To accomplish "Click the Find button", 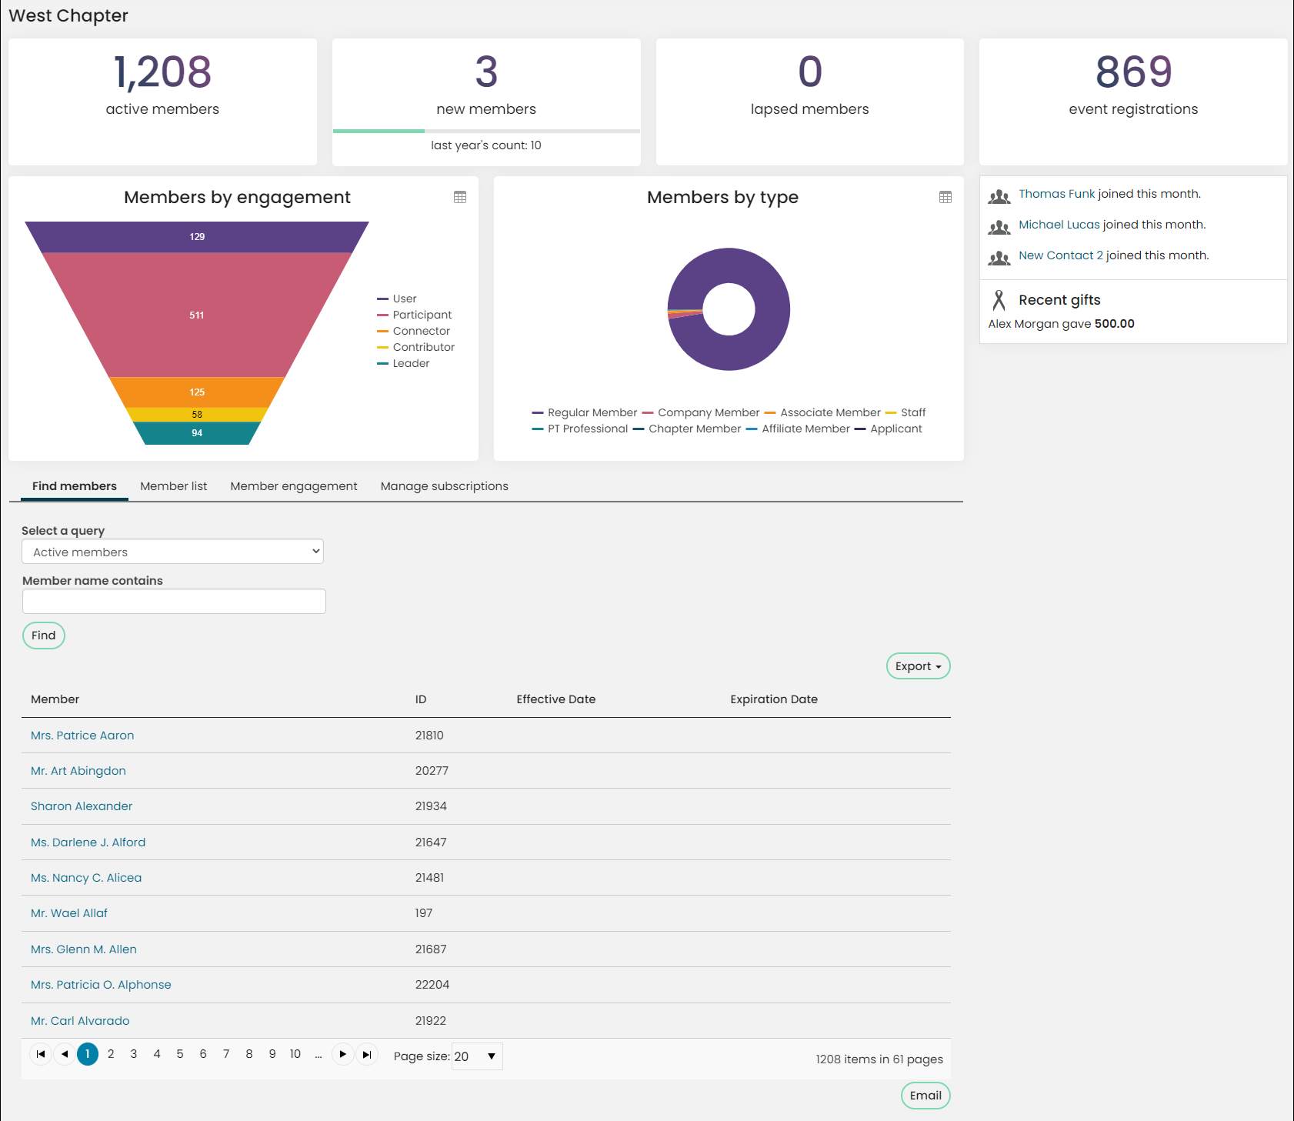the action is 44,636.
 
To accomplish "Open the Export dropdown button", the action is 918,666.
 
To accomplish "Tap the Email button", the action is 925,1096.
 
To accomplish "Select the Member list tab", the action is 174,486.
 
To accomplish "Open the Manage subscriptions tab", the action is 445,486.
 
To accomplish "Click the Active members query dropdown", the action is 173,552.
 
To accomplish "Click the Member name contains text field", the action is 174,602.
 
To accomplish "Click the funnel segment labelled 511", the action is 197,315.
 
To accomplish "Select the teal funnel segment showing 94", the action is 197,433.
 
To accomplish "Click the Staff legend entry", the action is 905,412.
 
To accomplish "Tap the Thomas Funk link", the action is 1056,194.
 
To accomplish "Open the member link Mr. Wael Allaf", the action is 69,913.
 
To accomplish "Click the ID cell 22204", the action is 432,985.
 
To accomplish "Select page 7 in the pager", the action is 226,1054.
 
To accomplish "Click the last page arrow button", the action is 367,1054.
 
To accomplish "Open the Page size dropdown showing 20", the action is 477,1056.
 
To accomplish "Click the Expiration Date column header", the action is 774,699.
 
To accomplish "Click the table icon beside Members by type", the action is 945,198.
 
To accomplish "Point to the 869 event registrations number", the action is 1133,72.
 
